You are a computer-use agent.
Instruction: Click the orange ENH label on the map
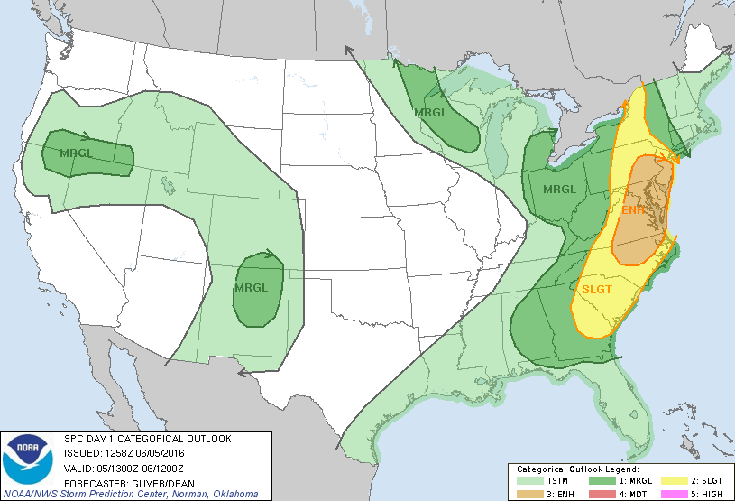click(x=634, y=210)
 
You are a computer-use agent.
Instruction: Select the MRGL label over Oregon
click(x=76, y=153)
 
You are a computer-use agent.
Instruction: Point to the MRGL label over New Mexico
click(x=251, y=288)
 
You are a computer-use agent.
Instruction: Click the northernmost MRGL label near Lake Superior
click(x=430, y=113)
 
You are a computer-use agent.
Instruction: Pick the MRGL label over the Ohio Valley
click(x=558, y=190)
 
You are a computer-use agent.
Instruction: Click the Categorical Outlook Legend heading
click(x=577, y=469)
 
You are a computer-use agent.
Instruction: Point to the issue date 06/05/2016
click(x=158, y=452)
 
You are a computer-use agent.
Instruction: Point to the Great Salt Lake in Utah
click(x=169, y=187)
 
